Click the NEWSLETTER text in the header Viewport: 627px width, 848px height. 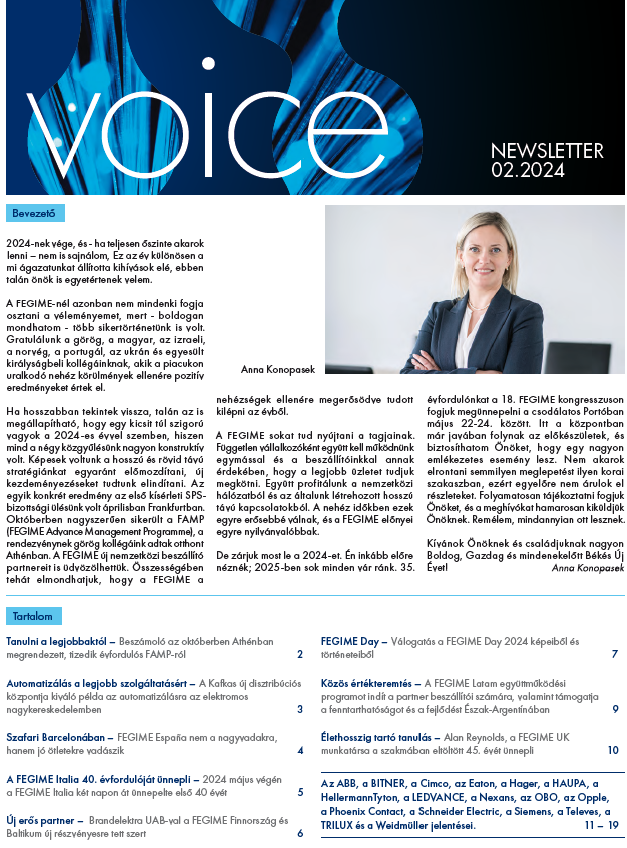pos(547,151)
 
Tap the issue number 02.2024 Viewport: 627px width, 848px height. pos(528,171)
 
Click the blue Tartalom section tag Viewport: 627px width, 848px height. pos(35,616)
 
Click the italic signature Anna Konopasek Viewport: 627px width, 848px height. pos(588,567)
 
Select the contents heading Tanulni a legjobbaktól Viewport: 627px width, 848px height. pos(56,640)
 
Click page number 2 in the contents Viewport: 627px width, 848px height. pos(299,655)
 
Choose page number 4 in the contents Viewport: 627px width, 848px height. pos(299,751)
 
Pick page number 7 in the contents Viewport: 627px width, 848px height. pos(614,655)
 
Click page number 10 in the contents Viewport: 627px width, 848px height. pos(612,751)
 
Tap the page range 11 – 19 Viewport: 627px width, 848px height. pos(599,825)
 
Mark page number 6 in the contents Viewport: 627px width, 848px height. pos(299,833)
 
